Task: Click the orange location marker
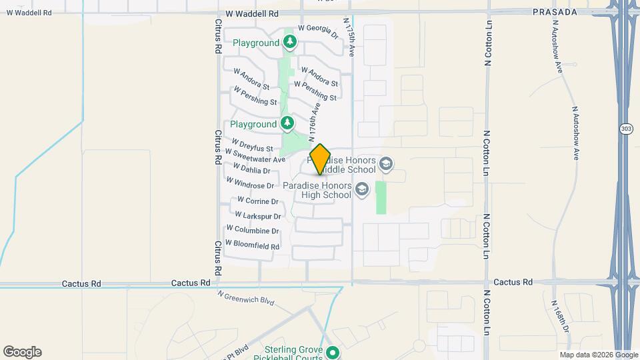320,159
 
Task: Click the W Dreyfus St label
253,145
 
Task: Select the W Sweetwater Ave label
255,156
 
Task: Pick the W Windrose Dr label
250,183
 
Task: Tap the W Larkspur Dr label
257,216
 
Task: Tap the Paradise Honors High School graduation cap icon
362,190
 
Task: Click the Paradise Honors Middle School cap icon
385,163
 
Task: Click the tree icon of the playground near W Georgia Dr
290,43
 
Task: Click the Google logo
22,352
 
